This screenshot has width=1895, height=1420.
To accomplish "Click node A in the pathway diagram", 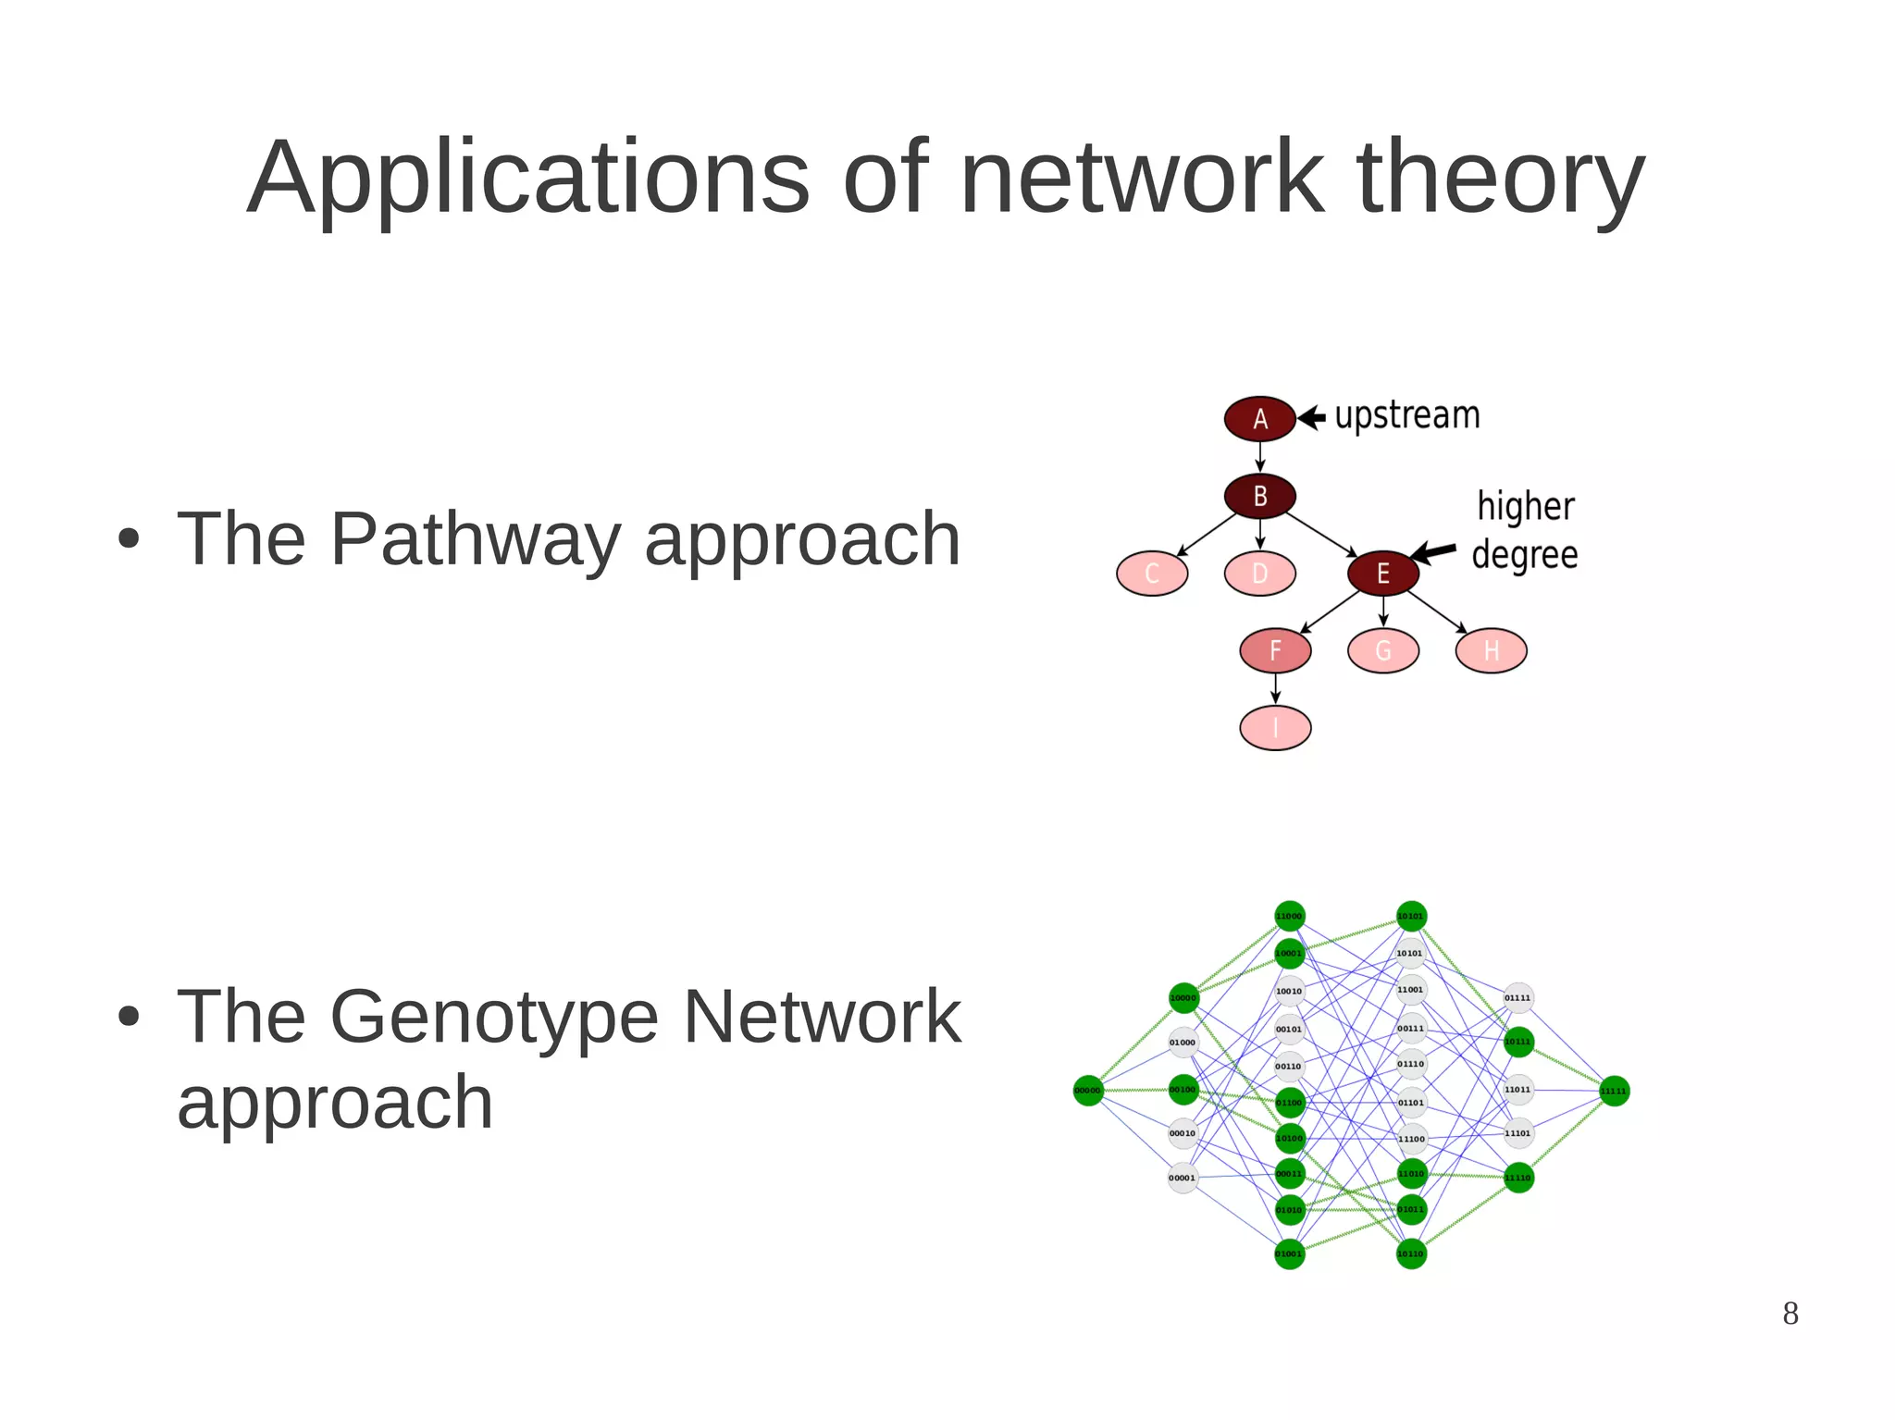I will point(1259,419).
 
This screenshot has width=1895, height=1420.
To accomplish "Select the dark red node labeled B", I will point(1259,497).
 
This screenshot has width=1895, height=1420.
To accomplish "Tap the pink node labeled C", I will point(1152,574).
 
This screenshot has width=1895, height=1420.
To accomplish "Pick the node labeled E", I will point(1382,574).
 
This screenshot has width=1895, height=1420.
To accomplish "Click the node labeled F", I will point(1275,650).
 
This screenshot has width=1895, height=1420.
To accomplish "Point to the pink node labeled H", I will point(1491,650).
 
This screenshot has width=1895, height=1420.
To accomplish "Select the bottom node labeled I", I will point(1275,728).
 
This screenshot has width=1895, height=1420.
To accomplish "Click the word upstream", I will point(1406,415).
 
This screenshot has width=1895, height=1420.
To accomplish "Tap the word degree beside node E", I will point(1524,555).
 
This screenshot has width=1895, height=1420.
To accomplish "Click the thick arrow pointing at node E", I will point(1434,552).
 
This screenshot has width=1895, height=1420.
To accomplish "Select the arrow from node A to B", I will point(1259,457).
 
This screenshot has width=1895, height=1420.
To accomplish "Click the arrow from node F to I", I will point(1275,688).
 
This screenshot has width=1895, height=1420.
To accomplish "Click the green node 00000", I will point(1088,1091).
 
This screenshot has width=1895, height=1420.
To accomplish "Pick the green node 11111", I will point(1614,1091).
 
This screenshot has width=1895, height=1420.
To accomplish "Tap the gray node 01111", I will point(1517,997).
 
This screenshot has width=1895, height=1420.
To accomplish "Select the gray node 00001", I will point(1183,1178).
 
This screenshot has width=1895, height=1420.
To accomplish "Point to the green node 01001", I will point(1289,1253).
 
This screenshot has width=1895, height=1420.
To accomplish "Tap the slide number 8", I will point(1790,1314).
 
